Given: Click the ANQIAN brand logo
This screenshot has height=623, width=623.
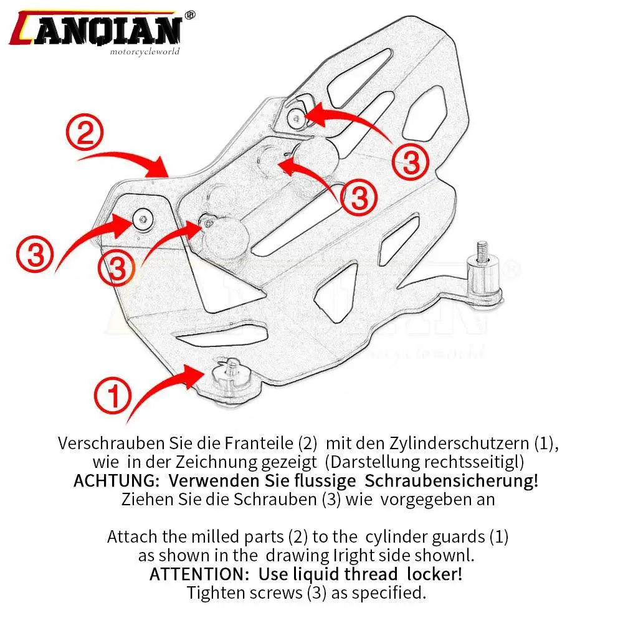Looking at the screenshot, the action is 97,28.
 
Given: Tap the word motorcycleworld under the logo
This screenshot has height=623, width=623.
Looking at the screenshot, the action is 145,52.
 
